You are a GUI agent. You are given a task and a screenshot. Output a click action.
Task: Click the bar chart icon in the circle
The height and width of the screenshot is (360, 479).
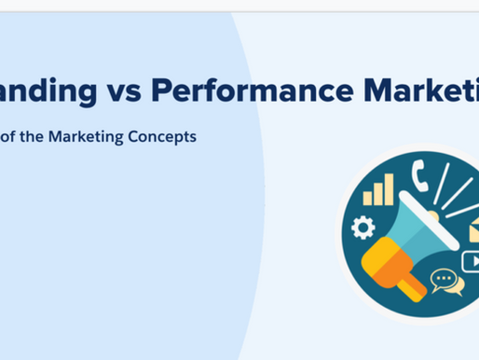(379, 190)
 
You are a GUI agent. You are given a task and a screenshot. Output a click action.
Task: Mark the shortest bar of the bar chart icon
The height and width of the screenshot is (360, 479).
(370, 198)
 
